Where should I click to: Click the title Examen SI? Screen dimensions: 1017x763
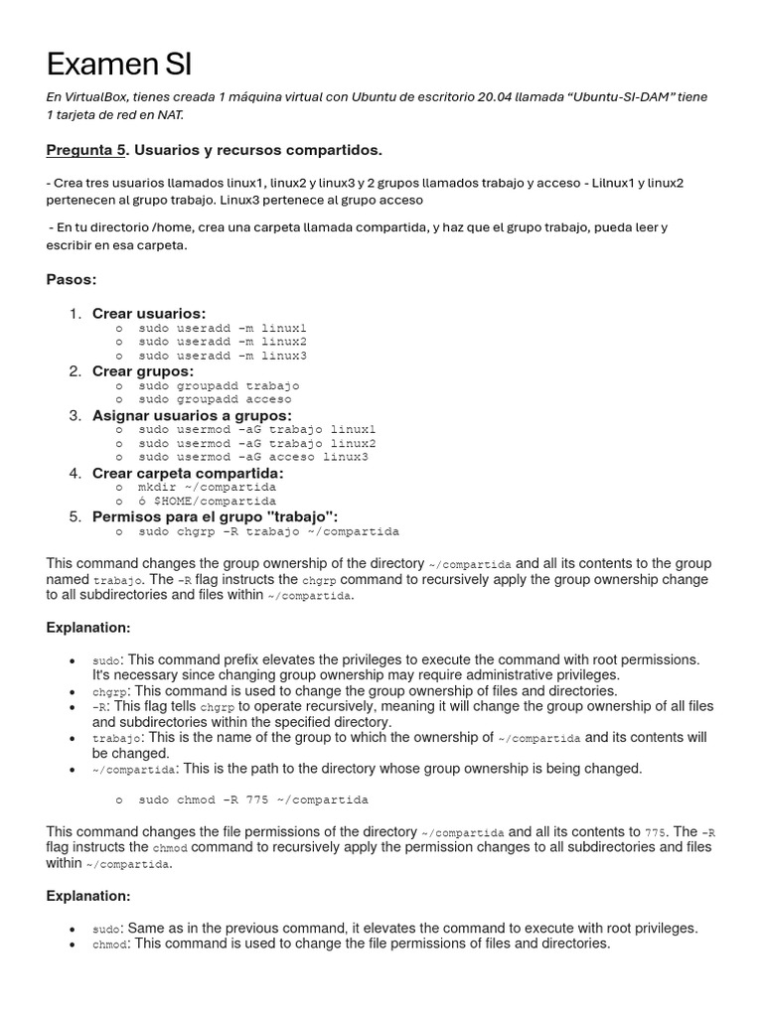[119, 66]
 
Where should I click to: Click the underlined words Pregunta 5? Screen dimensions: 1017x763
[86, 150]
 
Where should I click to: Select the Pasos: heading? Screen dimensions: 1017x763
[72, 280]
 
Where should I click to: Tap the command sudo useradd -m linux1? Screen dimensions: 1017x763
[223, 328]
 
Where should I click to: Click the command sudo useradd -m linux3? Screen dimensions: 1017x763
[223, 356]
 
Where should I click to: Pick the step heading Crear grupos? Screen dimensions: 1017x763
[143, 371]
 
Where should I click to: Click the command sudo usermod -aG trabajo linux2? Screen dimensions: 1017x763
[257, 443]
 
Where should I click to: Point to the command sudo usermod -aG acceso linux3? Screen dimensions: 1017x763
[253, 457]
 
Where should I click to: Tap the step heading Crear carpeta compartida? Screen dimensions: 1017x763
[188, 474]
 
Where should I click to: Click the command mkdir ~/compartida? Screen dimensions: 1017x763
[207, 488]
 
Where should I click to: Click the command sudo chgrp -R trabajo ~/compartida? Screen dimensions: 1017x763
[268, 531]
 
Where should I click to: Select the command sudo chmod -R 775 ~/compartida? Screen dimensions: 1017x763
[253, 799]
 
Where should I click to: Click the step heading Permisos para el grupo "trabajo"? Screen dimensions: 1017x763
[215, 516]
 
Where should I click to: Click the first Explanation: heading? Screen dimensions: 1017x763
[88, 628]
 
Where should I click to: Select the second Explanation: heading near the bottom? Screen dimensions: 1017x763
[88, 896]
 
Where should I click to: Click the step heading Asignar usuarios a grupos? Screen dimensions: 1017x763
[192, 415]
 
